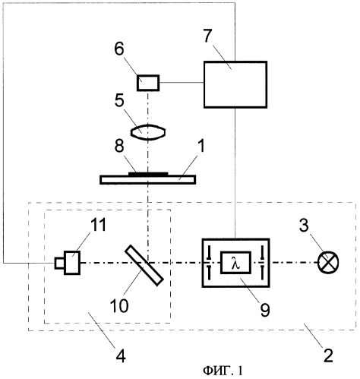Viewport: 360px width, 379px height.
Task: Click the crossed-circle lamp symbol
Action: [x=328, y=262]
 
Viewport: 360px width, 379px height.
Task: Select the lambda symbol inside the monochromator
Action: [x=235, y=264]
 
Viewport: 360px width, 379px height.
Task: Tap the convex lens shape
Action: [x=148, y=132]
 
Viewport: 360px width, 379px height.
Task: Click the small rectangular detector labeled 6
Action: [x=148, y=83]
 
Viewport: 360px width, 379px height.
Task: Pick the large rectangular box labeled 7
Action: [x=235, y=84]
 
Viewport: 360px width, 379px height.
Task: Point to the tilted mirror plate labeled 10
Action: [x=144, y=265]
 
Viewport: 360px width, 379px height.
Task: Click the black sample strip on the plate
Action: [x=148, y=174]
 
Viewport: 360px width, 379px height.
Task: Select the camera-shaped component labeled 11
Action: [x=68, y=263]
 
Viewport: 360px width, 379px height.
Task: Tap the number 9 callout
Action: [x=265, y=310]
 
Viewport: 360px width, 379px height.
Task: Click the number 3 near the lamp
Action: [x=304, y=225]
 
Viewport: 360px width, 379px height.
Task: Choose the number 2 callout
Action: [x=328, y=355]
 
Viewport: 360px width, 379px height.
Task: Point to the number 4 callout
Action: [x=121, y=356]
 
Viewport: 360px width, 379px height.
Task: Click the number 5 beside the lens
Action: [x=119, y=100]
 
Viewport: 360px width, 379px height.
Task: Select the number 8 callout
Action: [x=119, y=146]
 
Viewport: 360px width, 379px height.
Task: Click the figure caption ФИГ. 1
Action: [x=223, y=371]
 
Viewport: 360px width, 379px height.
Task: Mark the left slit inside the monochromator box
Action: [x=209, y=263]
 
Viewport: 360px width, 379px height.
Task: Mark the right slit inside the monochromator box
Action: [x=262, y=263]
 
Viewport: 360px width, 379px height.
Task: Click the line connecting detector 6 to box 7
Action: [x=182, y=83]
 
